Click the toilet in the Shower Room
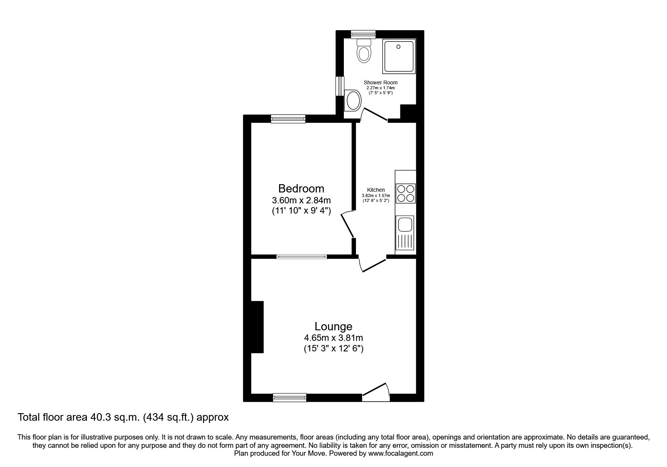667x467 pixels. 364,50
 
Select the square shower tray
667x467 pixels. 398,56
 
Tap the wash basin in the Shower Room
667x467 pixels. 353,101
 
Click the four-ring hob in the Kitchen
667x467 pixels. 406,193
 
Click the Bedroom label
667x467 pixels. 301,188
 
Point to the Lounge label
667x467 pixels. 333,326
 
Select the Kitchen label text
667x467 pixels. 376,190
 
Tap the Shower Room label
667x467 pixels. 380,82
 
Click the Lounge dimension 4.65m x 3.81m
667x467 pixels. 333,338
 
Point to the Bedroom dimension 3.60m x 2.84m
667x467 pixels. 301,200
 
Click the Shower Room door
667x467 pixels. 374,114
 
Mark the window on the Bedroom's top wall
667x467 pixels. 288,119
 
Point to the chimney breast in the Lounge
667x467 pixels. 257,327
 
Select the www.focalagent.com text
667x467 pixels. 400,453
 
